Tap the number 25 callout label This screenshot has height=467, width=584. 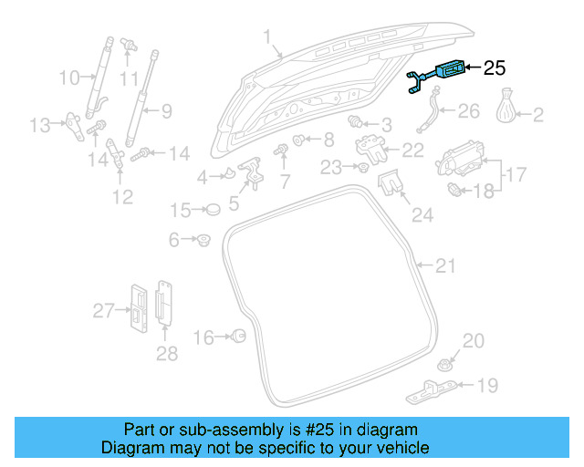pyautogui.click(x=493, y=67)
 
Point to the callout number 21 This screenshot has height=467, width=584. pyautogui.click(x=444, y=265)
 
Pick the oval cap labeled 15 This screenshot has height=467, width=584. pyautogui.click(x=213, y=211)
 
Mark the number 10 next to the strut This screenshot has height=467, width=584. pyautogui.click(x=69, y=78)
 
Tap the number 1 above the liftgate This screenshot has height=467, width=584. pyautogui.click(x=267, y=37)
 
